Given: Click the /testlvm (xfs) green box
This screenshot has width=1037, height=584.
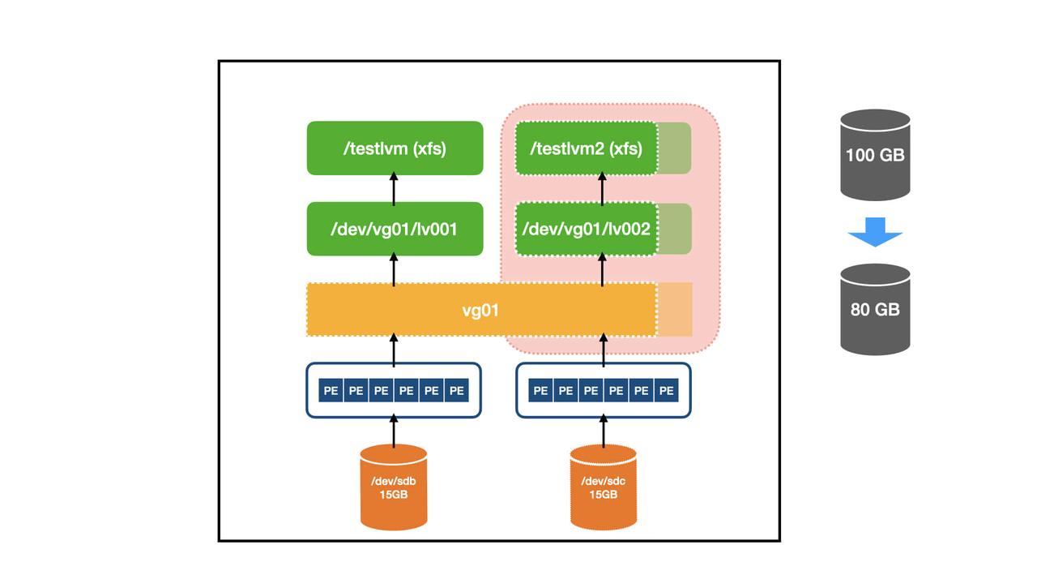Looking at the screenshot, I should tap(395, 148).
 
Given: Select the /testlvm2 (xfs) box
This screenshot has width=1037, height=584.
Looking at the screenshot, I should tap(586, 148).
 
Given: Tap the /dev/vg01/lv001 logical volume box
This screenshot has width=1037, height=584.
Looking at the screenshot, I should tap(395, 230).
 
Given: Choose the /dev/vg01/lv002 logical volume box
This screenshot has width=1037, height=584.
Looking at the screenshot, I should tap(586, 230).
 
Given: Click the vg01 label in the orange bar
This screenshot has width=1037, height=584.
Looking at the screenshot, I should tap(480, 310).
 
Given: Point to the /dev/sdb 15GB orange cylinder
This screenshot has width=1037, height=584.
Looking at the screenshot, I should tap(394, 487).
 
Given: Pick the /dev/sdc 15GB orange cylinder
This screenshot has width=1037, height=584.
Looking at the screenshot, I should tap(603, 487).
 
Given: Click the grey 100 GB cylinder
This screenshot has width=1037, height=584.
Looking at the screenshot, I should tap(875, 155).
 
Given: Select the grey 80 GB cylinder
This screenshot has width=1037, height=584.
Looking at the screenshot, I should tap(875, 309).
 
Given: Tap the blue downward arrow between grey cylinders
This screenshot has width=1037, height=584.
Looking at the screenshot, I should tap(875, 232).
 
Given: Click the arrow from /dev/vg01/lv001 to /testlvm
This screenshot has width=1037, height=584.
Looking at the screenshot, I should tap(395, 188).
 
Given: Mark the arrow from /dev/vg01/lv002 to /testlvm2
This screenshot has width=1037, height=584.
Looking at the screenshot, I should tap(603, 188).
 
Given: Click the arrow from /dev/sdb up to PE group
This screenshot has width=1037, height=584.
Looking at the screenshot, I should tap(395, 431).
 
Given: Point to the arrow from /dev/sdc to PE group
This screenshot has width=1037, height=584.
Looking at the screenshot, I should tap(603, 431).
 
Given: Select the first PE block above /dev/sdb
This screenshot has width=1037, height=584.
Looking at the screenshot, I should tap(331, 391).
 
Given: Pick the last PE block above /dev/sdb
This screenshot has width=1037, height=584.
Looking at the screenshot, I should tap(457, 391).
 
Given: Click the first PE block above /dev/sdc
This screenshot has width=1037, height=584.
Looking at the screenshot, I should tap(540, 391).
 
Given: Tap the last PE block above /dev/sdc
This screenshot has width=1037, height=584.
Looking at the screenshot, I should tap(667, 391).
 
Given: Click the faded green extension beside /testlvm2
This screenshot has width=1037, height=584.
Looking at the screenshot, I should tap(675, 148).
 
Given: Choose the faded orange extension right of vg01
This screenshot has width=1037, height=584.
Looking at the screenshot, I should tap(675, 310).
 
